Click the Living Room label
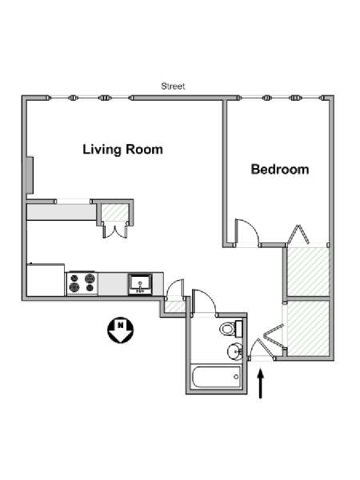(x=122, y=150)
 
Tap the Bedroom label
(x=280, y=170)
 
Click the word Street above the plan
(x=173, y=86)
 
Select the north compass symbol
(x=121, y=330)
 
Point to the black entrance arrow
(x=261, y=384)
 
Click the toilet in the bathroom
(x=231, y=328)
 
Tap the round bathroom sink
(x=234, y=351)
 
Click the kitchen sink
(x=140, y=284)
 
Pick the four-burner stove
(x=82, y=283)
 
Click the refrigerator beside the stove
(x=46, y=280)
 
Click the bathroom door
(x=204, y=302)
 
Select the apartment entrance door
(x=260, y=349)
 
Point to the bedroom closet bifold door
(x=298, y=234)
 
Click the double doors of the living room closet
(x=115, y=230)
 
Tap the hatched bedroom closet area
(x=308, y=272)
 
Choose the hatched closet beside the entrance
(x=308, y=328)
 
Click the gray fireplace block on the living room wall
(x=30, y=175)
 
